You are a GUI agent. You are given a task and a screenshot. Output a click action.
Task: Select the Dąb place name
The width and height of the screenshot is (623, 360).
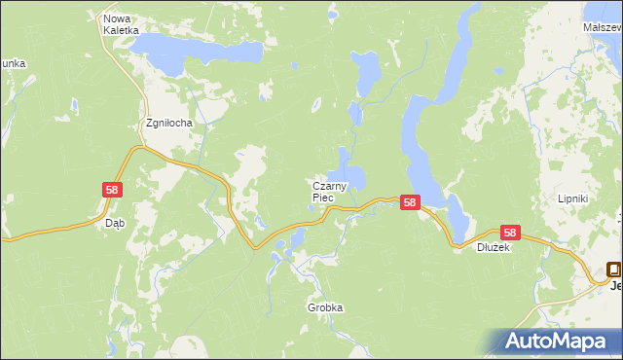pyautogui.click(x=114, y=222)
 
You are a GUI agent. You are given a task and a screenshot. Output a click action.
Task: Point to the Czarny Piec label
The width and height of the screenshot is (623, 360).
pyautogui.click(x=330, y=191)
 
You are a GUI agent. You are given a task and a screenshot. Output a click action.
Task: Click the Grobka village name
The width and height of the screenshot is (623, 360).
pyautogui.click(x=325, y=307)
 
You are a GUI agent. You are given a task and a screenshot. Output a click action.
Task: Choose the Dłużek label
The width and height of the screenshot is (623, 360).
pyautogui.click(x=493, y=247)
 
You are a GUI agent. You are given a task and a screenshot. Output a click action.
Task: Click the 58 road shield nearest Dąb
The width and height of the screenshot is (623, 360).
pyautogui.click(x=113, y=190)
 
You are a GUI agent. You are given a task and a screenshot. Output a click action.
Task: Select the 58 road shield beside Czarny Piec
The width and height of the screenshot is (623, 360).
pyautogui.click(x=410, y=203)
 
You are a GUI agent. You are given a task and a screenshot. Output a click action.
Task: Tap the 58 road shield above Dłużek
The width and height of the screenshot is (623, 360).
pyautogui.click(x=510, y=233)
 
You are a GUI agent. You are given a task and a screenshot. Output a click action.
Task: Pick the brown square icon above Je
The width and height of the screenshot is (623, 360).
pyautogui.click(x=614, y=270)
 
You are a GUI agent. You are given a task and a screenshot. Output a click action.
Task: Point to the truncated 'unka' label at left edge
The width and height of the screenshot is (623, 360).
pyautogui.click(x=13, y=63)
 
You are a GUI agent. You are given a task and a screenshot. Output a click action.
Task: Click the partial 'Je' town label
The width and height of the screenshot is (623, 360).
pyautogui.click(x=615, y=285)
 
